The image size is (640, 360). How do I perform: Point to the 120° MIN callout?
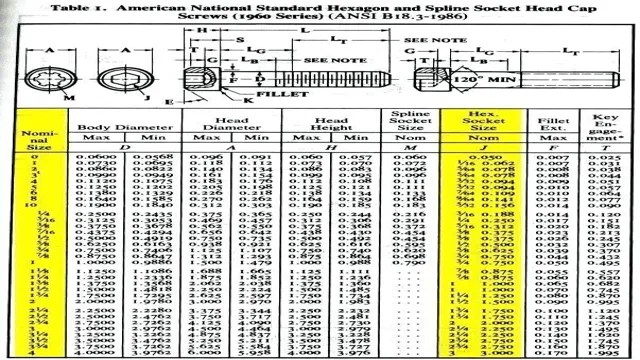[x=471, y=76]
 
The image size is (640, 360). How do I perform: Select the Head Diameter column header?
[x=212, y=127]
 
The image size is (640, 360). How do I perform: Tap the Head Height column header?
[x=313, y=127]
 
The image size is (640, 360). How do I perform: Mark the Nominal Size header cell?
[x=32, y=137]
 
